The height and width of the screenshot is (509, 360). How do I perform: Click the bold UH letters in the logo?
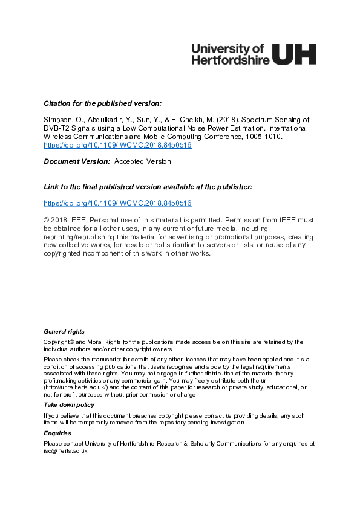tap(294, 53)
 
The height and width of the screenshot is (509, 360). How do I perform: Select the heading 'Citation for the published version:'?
tap(103, 103)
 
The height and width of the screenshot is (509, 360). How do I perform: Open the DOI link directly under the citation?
tap(117, 146)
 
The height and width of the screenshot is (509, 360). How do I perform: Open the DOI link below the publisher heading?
tap(117, 203)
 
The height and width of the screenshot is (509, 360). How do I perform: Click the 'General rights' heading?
tap(64, 332)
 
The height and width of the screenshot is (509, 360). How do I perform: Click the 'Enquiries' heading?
tap(57, 433)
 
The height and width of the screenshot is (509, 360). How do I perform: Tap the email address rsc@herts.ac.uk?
tap(66, 451)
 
